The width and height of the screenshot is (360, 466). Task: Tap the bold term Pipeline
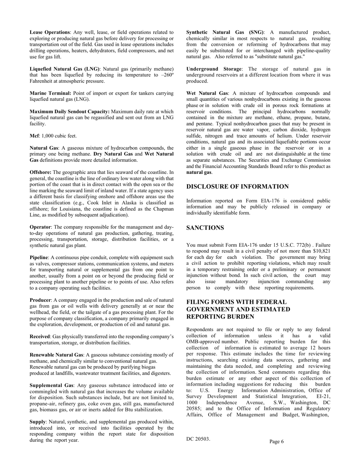pyautogui.click(x=39, y=257)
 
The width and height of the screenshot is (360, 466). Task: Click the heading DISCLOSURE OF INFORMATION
pyautogui.click(x=237, y=187)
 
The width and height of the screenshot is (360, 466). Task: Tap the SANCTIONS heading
pyautogui.click(x=205, y=228)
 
